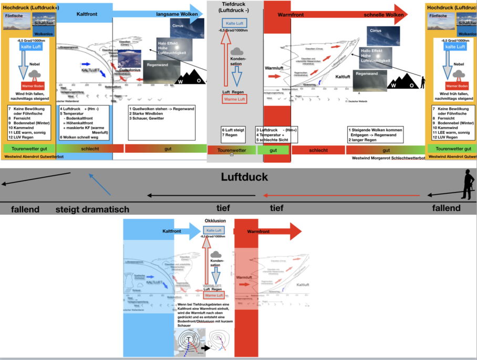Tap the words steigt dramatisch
pyautogui.click(x=92, y=209)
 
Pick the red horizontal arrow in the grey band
pyautogui.click(x=341, y=195)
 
